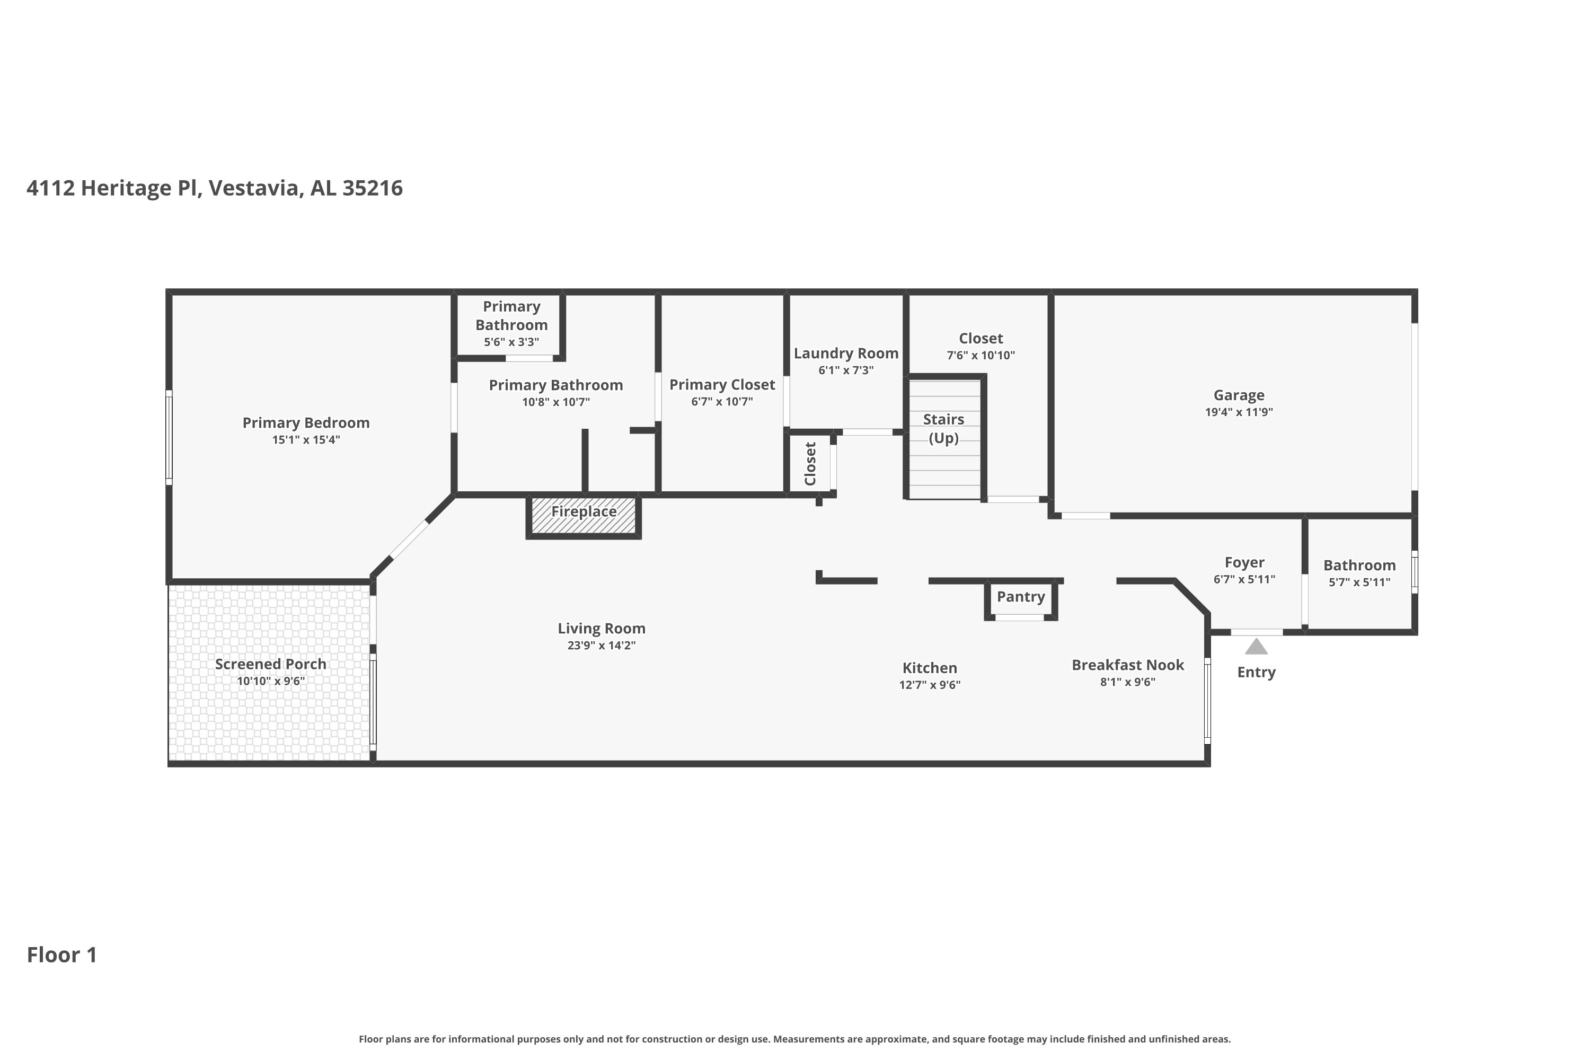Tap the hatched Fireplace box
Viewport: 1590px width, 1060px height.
pyautogui.click(x=584, y=516)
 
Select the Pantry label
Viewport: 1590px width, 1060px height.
pyautogui.click(x=1021, y=597)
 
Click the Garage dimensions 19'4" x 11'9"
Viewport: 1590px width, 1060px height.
pyautogui.click(x=1239, y=412)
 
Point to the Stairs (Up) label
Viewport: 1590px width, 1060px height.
pyautogui.click(x=944, y=429)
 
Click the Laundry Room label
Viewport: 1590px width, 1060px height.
pyautogui.click(x=846, y=354)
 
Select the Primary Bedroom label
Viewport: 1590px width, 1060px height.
pyautogui.click(x=306, y=423)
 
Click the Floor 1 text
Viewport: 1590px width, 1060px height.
pyautogui.click(x=62, y=955)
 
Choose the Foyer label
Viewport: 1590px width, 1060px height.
pyautogui.click(x=1244, y=563)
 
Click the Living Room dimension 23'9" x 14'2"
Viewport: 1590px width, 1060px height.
pyautogui.click(x=602, y=646)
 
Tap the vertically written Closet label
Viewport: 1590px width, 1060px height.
pyautogui.click(x=810, y=464)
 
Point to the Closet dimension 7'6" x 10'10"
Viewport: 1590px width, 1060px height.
pyautogui.click(x=981, y=356)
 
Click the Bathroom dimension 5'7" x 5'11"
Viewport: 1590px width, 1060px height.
pyautogui.click(x=1359, y=582)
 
